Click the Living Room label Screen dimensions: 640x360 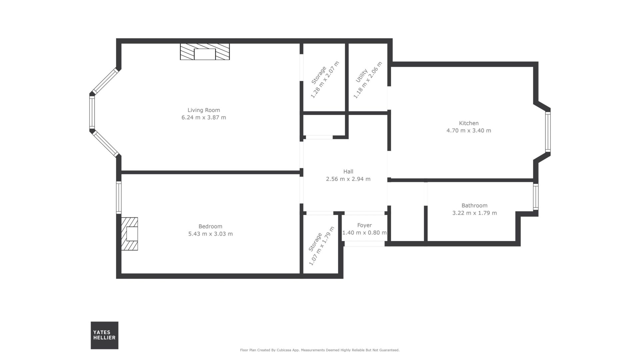(204, 110)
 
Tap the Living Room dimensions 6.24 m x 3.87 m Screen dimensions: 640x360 (204, 117)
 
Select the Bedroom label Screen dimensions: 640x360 (210, 226)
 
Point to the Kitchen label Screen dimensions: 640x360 (469, 123)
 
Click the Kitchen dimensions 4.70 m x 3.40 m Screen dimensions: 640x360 (469, 130)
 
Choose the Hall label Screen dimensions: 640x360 (348, 171)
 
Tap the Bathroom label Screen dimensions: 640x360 (474, 205)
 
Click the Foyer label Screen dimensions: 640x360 (364, 225)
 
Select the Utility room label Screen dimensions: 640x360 (361, 76)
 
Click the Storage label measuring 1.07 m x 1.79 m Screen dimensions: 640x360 (315, 242)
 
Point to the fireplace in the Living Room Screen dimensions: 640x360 (205, 52)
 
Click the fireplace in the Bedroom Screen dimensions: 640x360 (129, 234)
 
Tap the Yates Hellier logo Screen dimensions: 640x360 (104, 335)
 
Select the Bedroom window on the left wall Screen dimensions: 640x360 (119, 197)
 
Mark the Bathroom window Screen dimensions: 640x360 (536, 197)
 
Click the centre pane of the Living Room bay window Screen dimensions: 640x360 (92, 113)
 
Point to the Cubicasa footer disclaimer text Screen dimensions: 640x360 (320, 350)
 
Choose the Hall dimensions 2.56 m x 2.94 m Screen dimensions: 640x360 (348, 179)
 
